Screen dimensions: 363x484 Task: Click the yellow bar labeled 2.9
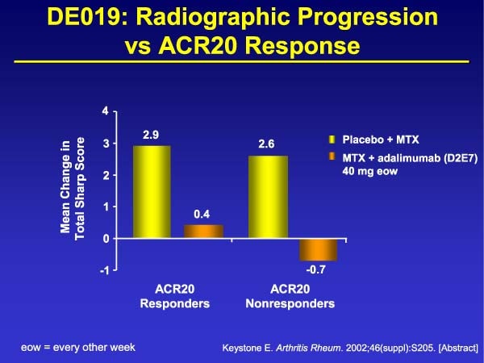pos(152,192)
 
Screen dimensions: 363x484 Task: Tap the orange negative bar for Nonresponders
pos(318,249)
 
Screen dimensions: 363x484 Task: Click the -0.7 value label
pos(318,270)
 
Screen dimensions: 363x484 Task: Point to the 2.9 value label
pos(151,134)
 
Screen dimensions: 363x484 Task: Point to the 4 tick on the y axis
pos(106,111)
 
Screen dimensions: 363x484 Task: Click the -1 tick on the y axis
pos(104,270)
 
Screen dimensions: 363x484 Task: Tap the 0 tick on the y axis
pos(106,239)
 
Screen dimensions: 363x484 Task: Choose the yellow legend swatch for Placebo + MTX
pos(332,138)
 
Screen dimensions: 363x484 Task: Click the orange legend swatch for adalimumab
pos(332,156)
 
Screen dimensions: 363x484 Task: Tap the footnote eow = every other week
pos(77,347)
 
